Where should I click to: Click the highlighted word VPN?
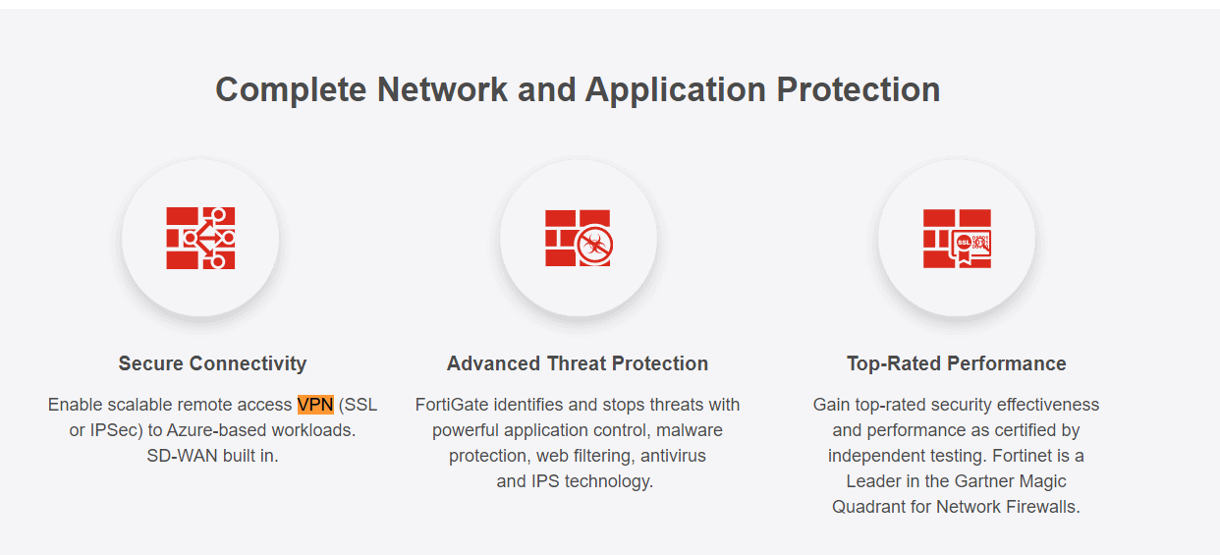(315, 405)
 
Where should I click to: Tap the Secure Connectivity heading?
(212, 363)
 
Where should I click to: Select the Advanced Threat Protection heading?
(578, 363)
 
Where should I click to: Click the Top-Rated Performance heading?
(956, 363)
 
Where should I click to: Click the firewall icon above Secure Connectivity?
(200, 238)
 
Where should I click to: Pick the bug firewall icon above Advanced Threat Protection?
(579, 238)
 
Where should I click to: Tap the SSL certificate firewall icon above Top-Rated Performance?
(957, 238)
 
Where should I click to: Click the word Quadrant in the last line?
(867, 507)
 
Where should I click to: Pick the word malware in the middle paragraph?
(689, 430)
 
